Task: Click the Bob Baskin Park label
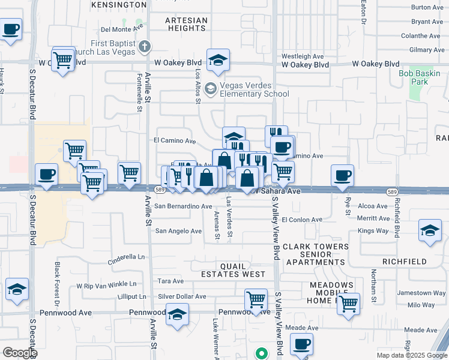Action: coord(420,77)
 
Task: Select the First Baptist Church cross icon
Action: coord(143,46)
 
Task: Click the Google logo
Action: coord(19,353)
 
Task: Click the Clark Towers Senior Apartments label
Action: coord(316,254)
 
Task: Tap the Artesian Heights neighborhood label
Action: coord(186,24)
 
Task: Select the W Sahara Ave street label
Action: coord(277,191)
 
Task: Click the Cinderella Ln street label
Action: coord(127,259)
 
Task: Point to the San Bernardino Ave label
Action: coord(183,206)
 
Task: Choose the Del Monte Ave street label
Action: coord(122,28)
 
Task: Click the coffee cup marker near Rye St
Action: coord(342,175)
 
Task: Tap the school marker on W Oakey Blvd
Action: coord(218,59)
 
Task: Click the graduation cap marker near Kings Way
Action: coord(430,231)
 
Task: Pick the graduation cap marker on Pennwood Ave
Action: coord(176,315)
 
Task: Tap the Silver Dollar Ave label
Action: coord(182,296)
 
